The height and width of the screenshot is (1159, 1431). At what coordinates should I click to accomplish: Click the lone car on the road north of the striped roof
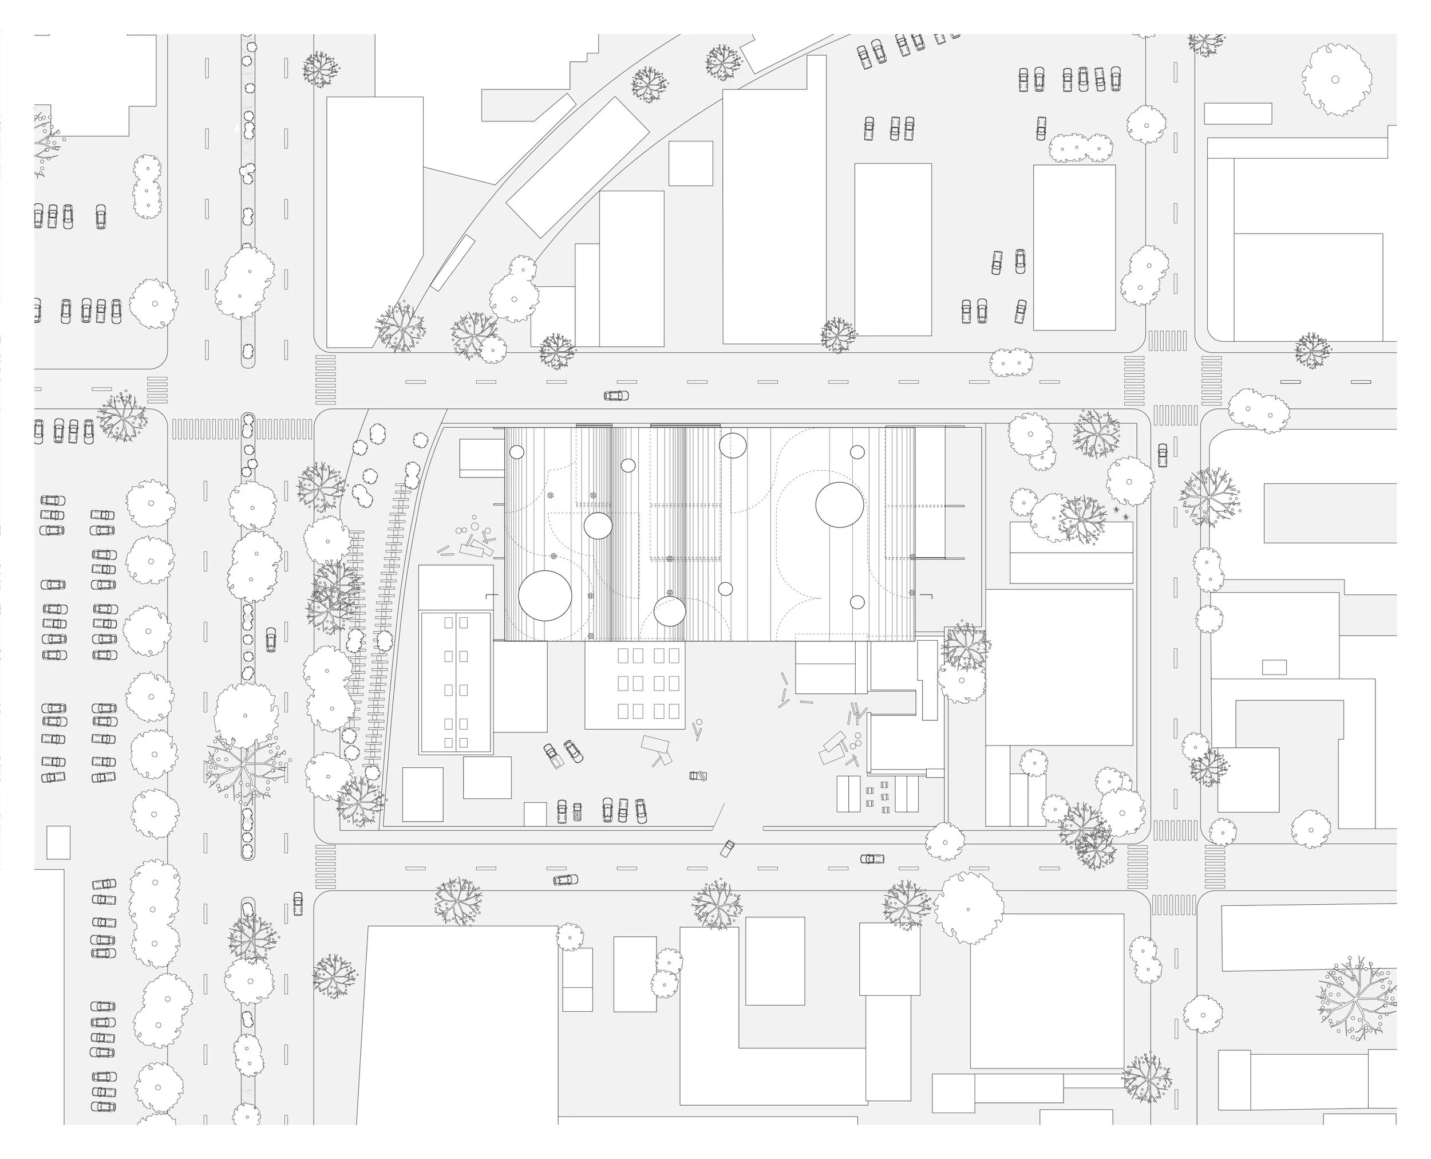tap(616, 395)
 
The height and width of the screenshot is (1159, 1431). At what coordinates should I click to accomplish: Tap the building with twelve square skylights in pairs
tap(635, 684)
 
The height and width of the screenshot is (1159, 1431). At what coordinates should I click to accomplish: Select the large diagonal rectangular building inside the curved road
tap(578, 166)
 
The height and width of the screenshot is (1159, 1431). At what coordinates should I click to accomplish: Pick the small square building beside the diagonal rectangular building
tap(691, 163)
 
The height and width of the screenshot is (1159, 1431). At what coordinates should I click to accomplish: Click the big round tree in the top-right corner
tap(1336, 80)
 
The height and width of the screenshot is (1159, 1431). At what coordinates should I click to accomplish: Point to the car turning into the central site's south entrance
tap(727, 848)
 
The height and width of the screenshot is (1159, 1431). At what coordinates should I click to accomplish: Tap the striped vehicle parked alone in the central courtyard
tap(698, 776)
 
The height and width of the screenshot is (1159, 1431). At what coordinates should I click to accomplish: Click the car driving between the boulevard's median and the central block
tap(270, 639)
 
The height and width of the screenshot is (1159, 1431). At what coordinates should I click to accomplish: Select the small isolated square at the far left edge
tap(58, 842)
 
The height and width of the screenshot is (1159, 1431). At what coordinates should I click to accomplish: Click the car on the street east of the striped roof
tap(1163, 455)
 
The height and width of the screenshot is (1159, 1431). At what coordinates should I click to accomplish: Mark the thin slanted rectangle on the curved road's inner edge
tap(452, 262)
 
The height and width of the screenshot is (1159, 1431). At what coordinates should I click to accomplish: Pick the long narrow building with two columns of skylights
tap(456, 683)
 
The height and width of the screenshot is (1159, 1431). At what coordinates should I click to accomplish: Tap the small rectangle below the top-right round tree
tap(1238, 113)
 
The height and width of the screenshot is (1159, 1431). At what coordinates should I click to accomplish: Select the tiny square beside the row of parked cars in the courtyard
tap(535, 814)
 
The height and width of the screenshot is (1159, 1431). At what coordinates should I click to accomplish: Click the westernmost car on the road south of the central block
tap(566, 880)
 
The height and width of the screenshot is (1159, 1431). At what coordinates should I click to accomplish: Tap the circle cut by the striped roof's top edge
tap(732, 446)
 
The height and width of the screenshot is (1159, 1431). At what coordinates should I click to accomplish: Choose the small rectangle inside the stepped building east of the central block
tap(1274, 667)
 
